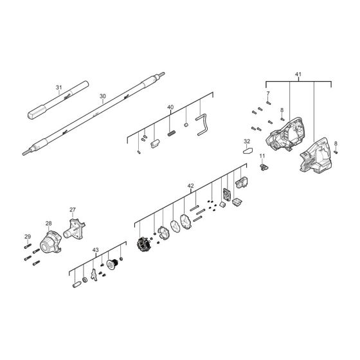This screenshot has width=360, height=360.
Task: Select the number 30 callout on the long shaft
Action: click(102, 96)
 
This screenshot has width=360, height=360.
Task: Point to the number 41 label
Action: click(298, 75)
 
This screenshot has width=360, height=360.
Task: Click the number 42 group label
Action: click(190, 186)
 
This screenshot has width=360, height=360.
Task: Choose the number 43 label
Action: click(95, 249)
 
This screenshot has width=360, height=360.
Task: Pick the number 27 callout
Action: click(73, 210)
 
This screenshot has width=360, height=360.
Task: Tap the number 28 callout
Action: click(48, 224)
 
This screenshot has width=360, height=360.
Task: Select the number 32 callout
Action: click(247, 141)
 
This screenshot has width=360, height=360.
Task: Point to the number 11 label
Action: click(262, 157)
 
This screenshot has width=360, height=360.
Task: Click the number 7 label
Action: click(268, 94)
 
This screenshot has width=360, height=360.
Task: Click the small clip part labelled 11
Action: click(263, 166)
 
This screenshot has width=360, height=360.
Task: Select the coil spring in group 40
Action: click(172, 132)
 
